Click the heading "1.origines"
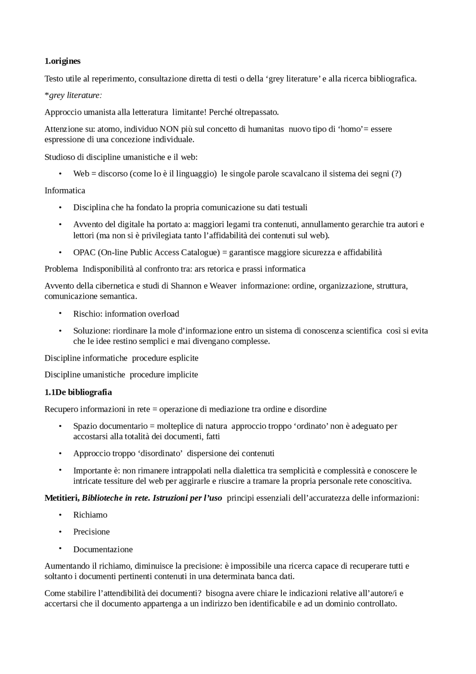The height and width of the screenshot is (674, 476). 62,61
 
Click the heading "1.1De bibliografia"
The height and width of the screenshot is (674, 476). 78,392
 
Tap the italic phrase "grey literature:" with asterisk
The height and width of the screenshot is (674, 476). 73,95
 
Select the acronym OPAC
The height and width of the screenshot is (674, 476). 84,252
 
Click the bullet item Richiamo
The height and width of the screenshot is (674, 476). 90,515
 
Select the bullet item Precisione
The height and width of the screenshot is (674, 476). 91,531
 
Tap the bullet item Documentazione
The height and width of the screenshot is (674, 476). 103,549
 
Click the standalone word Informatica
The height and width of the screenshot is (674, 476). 65,191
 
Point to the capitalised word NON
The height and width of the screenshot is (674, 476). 169,129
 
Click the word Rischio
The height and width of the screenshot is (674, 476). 87,314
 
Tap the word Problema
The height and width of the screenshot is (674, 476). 61,269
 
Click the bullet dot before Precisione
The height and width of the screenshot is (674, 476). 60,531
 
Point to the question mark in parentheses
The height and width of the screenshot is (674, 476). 396,173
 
